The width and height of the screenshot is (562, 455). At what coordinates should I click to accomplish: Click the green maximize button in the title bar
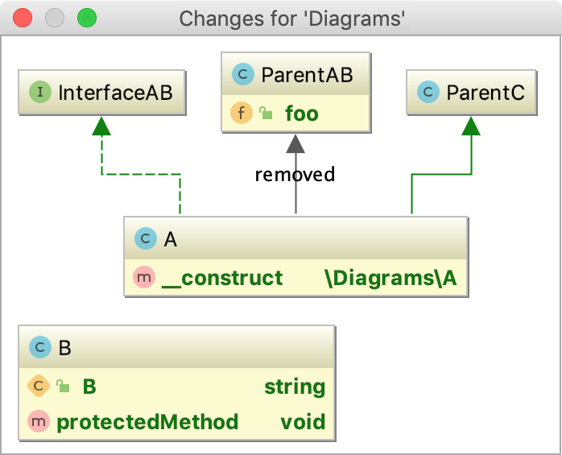click(x=85, y=18)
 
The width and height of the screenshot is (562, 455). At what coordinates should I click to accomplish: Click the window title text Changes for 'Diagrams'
click(x=291, y=18)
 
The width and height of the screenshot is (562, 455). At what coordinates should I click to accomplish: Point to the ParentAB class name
click(x=307, y=76)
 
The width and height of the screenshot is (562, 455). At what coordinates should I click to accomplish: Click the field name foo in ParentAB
click(x=301, y=114)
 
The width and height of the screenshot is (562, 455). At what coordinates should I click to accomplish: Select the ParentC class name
click(x=485, y=93)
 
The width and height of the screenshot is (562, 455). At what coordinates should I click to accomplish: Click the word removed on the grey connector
click(x=295, y=174)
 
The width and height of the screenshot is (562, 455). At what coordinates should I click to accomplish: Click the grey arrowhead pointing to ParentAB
click(x=295, y=143)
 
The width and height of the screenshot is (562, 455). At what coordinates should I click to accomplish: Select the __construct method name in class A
click(x=221, y=278)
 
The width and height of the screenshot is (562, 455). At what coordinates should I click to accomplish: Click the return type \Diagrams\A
click(x=391, y=278)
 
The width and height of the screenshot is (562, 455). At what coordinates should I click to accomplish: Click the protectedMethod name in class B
click(x=147, y=422)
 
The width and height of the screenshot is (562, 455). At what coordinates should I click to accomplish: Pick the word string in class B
click(x=295, y=387)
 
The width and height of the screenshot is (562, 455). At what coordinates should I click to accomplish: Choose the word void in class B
click(x=303, y=422)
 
